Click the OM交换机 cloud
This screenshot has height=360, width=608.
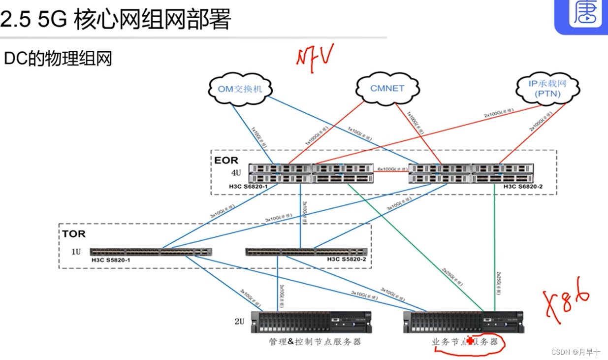[x=240, y=89]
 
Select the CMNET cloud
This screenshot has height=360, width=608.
[x=387, y=89]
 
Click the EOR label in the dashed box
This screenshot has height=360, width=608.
[x=226, y=160]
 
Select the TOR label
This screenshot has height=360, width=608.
[x=74, y=233]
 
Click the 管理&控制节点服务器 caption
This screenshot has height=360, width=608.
[x=315, y=341]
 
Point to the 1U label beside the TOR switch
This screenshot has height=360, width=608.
[x=75, y=252]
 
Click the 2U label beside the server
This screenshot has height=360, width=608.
[x=239, y=321]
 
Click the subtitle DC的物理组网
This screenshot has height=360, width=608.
[x=58, y=59]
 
